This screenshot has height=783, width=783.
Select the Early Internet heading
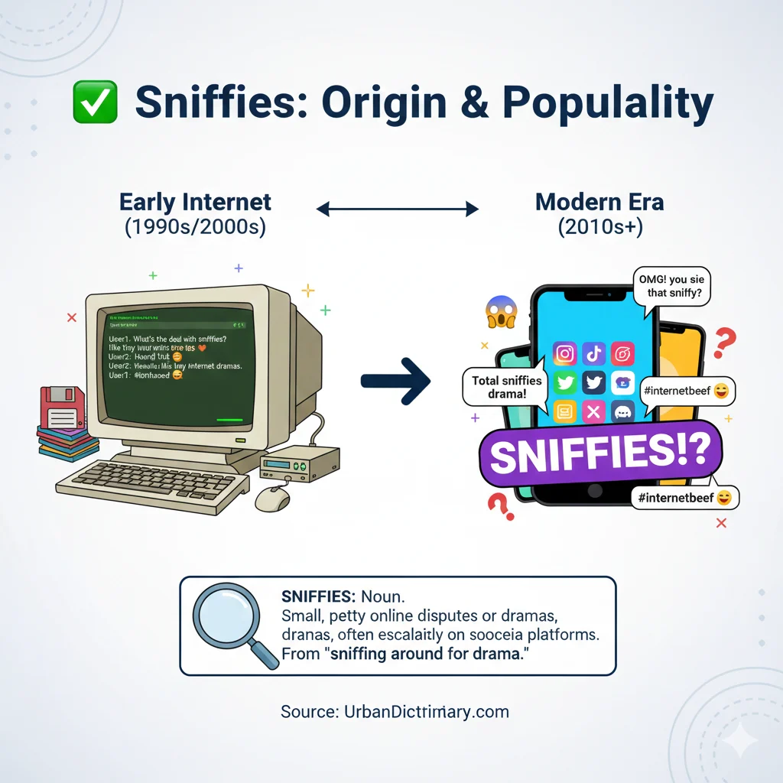(x=195, y=202)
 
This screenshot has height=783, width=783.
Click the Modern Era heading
(x=599, y=202)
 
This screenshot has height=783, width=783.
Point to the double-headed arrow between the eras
(x=397, y=208)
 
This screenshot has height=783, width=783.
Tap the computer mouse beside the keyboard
(x=272, y=499)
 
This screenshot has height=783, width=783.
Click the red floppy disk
(x=63, y=408)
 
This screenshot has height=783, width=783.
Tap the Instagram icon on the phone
(x=564, y=353)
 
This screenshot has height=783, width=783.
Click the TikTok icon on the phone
(x=593, y=353)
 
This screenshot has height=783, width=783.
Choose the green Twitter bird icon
(x=564, y=382)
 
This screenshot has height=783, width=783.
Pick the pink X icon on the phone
(x=593, y=412)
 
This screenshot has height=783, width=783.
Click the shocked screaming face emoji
(x=502, y=312)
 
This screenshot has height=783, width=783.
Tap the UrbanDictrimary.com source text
(x=395, y=712)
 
